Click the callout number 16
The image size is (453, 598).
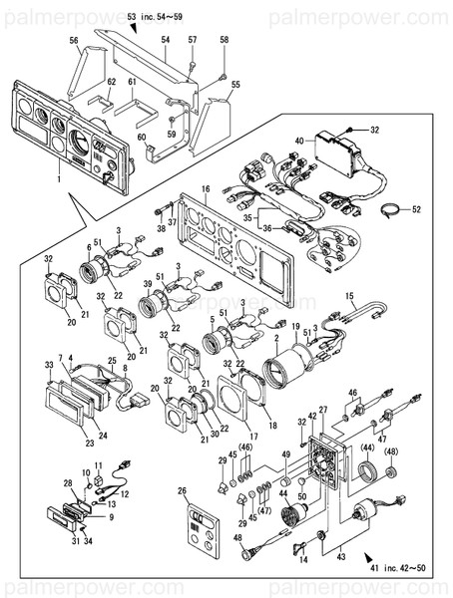(205, 187)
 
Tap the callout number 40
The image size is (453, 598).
(300, 142)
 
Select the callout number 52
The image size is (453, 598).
(417, 209)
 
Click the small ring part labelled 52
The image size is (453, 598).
(395, 209)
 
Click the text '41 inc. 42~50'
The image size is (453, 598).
(405, 566)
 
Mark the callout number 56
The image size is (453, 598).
(73, 40)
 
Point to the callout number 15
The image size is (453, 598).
(350, 296)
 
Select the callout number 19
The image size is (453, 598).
(295, 327)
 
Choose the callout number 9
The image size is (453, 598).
(110, 517)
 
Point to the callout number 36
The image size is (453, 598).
(266, 228)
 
